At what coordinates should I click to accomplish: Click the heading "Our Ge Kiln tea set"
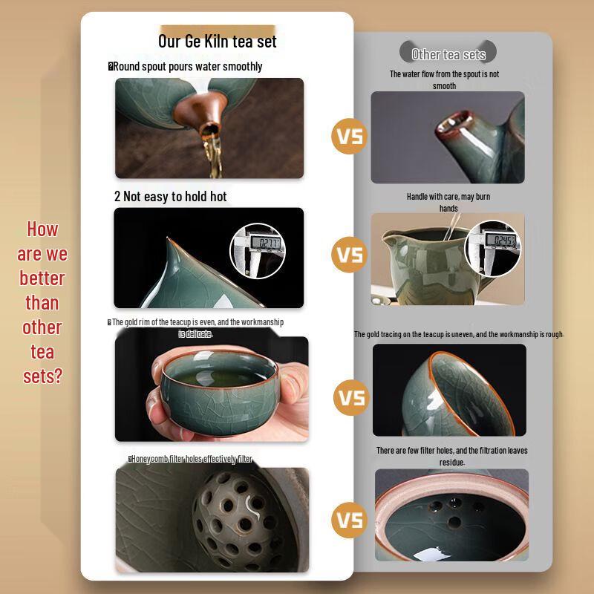tap(217, 40)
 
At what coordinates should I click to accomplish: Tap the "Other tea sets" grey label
tap(448, 54)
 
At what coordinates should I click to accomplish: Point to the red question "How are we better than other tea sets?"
tap(42, 302)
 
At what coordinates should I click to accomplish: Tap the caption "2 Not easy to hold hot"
tap(170, 197)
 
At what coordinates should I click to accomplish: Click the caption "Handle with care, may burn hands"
tap(448, 202)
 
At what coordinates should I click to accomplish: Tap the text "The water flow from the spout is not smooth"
tap(444, 80)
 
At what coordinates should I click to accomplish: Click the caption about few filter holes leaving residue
tap(451, 456)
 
